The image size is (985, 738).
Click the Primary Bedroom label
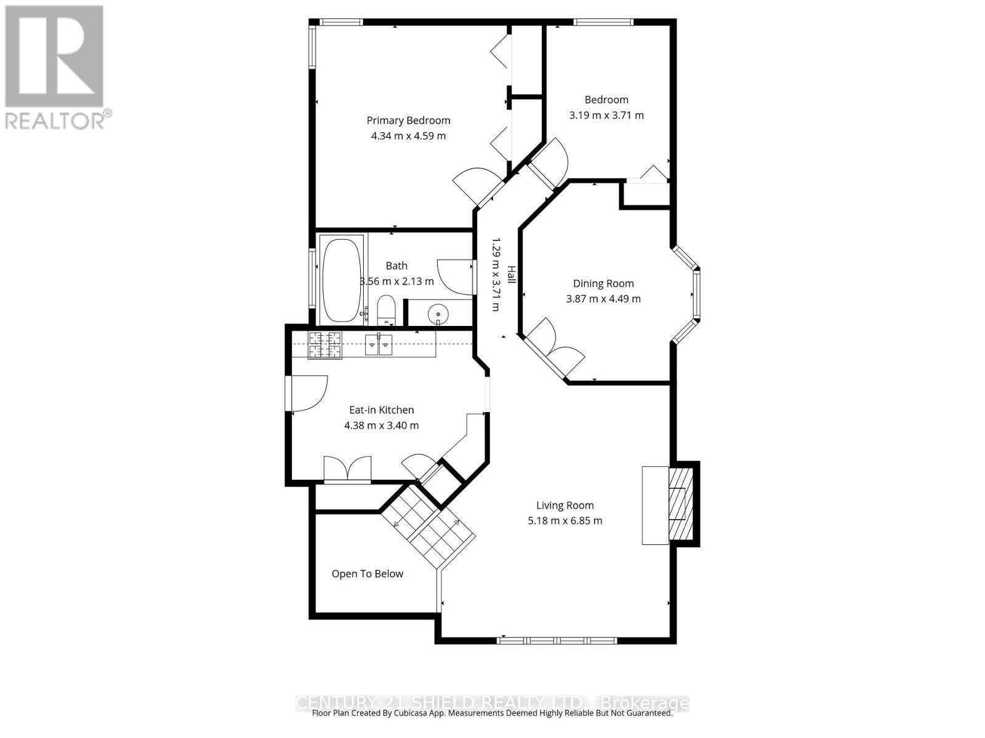click(408, 121)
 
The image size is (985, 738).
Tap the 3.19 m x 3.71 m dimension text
click(606, 115)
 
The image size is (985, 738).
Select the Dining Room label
click(603, 284)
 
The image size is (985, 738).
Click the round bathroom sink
click(438, 314)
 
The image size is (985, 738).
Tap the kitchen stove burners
click(324, 344)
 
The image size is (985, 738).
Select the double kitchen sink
click(379, 345)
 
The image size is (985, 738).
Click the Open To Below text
click(367, 574)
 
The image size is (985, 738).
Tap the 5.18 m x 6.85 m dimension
click(565, 521)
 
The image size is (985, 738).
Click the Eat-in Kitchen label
click(381, 410)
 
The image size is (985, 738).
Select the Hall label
click(511, 274)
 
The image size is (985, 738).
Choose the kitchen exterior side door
click(306, 394)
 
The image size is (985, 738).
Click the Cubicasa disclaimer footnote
click(492, 713)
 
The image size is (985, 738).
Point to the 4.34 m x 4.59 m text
click(408, 136)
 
